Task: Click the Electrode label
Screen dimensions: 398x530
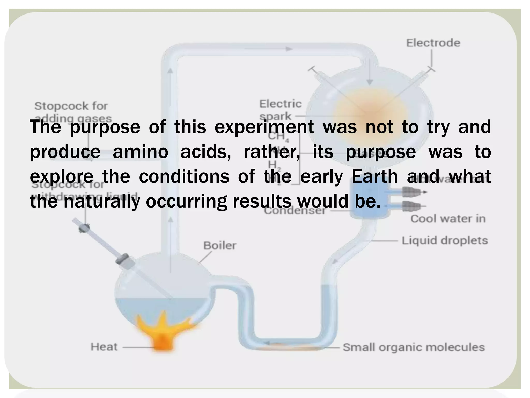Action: click(433, 43)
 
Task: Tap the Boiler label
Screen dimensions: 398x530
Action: click(220, 245)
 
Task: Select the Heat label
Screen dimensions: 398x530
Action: click(104, 347)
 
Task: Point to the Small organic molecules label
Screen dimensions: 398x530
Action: click(414, 347)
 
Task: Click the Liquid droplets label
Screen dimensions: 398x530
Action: click(445, 240)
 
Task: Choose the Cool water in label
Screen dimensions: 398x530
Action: click(448, 219)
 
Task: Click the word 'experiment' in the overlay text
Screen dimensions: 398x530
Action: click(264, 127)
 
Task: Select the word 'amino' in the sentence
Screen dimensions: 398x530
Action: click(140, 152)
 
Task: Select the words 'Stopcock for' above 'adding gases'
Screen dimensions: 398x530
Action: click(71, 106)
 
